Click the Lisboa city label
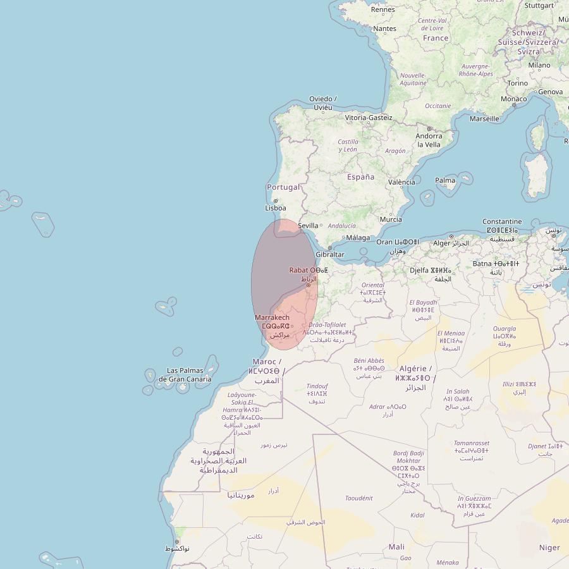point(276,208)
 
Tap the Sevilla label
point(308,226)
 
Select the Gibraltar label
point(330,255)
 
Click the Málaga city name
point(358,238)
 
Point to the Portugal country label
point(283,187)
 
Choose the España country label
point(360,177)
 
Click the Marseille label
point(485,118)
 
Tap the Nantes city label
point(385,28)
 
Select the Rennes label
point(383,9)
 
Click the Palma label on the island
point(445,180)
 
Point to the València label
point(401,182)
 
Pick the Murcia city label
point(390,220)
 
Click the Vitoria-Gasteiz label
point(369,118)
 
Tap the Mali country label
point(396,547)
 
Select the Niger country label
point(549,548)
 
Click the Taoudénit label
point(358,498)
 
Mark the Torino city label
point(517,83)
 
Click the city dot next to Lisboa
point(276,201)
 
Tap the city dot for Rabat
point(309,285)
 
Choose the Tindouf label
point(317,386)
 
